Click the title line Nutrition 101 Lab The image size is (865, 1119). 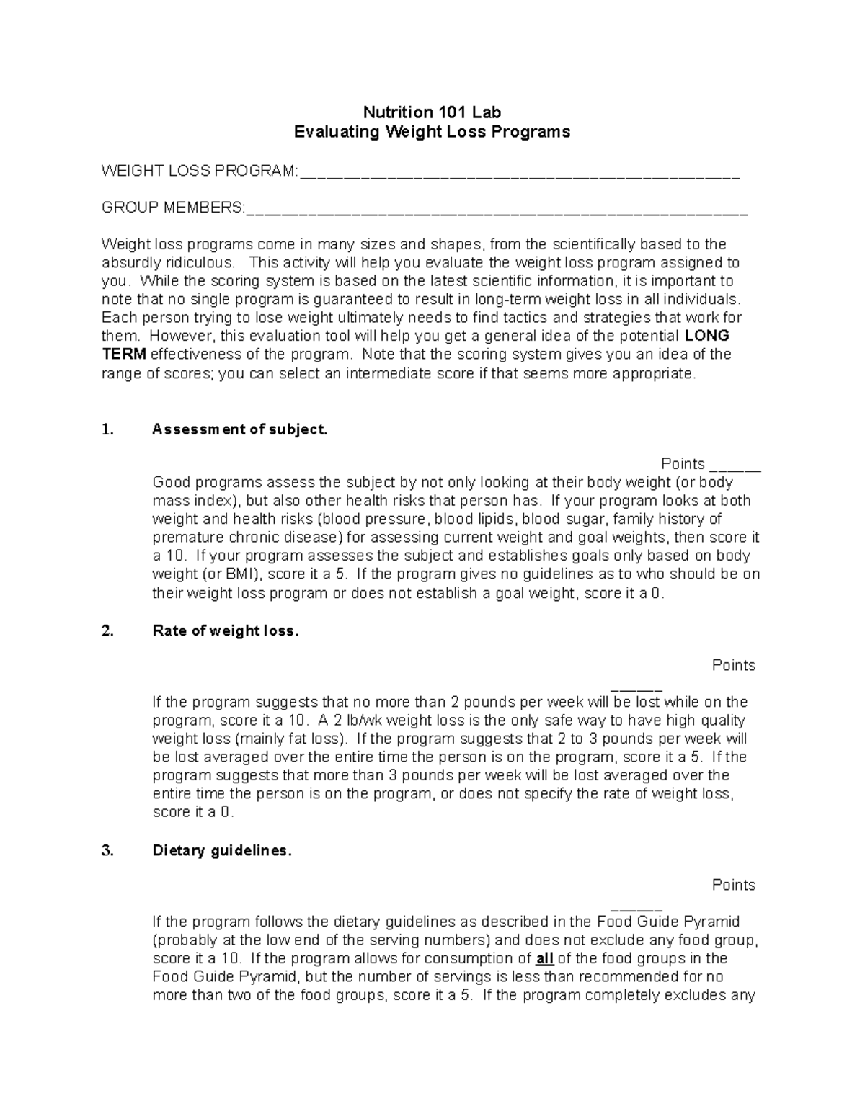[x=432, y=112]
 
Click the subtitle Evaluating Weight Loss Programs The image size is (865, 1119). [x=432, y=132]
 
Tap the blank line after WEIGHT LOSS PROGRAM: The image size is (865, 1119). [x=519, y=173]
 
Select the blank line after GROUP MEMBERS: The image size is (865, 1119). [x=497, y=210]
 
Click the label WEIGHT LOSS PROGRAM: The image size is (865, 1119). [x=199, y=171]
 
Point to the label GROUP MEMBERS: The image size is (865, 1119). [x=173, y=208]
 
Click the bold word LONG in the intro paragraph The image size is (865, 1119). [x=706, y=336]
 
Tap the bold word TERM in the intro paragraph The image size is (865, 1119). [x=124, y=355]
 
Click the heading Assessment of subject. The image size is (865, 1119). [x=240, y=430]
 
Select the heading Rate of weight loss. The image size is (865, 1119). [x=225, y=631]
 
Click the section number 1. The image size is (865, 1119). [x=107, y=430]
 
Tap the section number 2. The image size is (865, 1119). [x=107, y=631]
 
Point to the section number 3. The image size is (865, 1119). [x=107, y=851]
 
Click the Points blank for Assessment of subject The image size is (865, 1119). [x=735, y=467]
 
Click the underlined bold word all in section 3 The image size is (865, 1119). [x=545, y=959]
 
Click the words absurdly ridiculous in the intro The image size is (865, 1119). [x=168, y=262]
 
